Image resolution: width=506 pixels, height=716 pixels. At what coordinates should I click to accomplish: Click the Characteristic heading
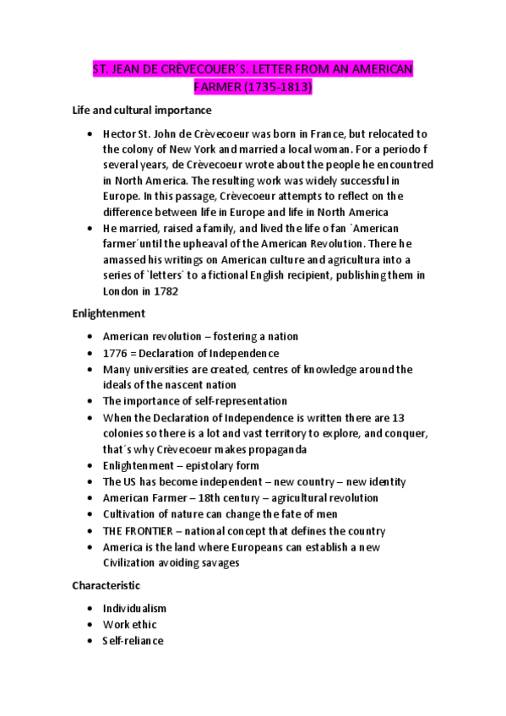pyautogui.click(x=106, y=585)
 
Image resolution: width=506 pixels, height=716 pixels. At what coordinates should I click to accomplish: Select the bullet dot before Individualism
pyautogui.click(x=90, y=609)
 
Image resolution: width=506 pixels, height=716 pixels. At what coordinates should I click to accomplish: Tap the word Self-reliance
pyautogui.click(x=133, y=641)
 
